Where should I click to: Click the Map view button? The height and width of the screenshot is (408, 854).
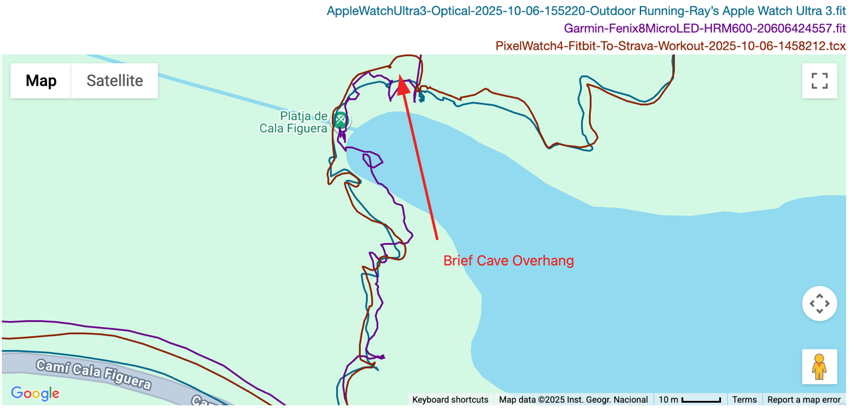click(41, 81)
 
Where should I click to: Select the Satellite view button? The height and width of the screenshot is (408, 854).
click(114, 81)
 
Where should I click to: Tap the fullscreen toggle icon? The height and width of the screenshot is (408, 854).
click(820, 81)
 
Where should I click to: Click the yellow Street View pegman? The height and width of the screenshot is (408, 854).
click(819, 366)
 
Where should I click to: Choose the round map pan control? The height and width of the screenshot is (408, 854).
click(819, 304)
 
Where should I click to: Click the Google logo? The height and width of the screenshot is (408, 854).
click(35, 393)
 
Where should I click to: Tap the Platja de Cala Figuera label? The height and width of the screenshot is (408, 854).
click(294, 122)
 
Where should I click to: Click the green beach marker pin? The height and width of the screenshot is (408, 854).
click(340, 120)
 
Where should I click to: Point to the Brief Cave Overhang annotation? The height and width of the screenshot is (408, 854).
click(508, 261)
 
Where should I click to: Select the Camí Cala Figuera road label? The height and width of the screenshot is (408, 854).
click(94, 374)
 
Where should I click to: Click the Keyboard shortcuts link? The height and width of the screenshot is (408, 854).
click(450, 400)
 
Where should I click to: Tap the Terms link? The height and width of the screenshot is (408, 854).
click(744, 400)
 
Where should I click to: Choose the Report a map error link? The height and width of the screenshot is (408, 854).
click(804, 400)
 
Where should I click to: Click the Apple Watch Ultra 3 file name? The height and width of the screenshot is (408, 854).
click(586, 11)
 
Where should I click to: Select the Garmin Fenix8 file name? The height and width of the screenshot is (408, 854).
click(705, 28)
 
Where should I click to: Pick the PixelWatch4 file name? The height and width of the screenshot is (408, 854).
click(670, 46)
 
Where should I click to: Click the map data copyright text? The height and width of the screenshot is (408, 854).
click(573, 400)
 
